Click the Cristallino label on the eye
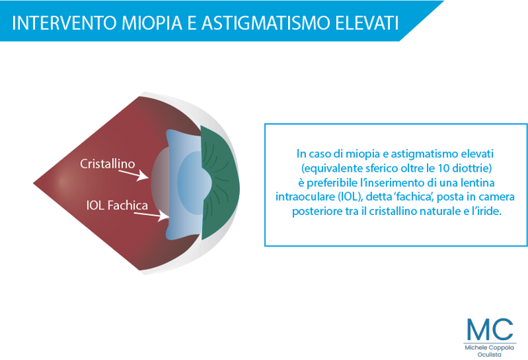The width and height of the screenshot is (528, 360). click(x=107, y=164)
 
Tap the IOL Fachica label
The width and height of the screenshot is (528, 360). click(x=117, y=205)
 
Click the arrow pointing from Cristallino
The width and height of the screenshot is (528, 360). click(x=133, y=175)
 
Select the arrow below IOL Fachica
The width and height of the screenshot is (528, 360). click(x=151, y=216)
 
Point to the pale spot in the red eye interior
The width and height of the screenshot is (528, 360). click(x=63, y=181)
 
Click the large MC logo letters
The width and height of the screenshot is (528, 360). click(x=490, y=329)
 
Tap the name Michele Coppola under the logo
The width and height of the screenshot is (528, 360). click(x=489, y=348)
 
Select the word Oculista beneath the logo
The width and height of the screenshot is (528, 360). click(x=489, y=355)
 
